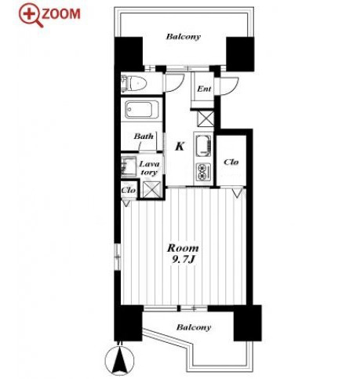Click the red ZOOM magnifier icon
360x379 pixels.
click(31, 15)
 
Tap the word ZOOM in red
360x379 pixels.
click(61, 14)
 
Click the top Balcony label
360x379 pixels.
click(184, 36)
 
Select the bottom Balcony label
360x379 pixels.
click(194, 327)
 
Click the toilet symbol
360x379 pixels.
click(134, 83)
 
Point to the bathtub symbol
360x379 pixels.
click(139, 109)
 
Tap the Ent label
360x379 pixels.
click(204, 89)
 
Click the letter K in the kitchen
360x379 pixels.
click(180, 146)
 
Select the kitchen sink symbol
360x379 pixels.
click(203, 145)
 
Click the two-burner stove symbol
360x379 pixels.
click(204, 171)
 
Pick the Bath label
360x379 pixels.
click(144, 137)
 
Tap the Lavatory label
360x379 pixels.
click(149, 168)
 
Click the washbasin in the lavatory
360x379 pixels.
click(129, 167)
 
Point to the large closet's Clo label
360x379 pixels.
click(231, 162)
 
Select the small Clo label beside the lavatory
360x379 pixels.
click(129, 190)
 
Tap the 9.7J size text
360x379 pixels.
click(184, 260)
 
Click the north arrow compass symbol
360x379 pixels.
click(120, 359)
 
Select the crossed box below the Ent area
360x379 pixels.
click(205, 118)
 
